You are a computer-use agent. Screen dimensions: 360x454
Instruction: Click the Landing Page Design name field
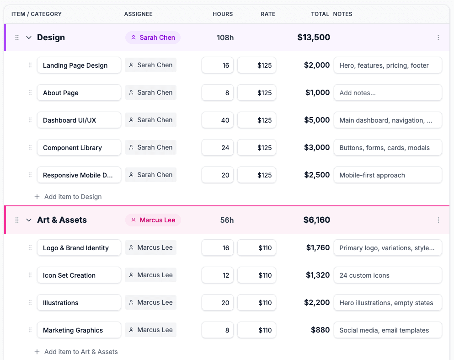79,65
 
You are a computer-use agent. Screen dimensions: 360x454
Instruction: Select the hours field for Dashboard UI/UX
218,120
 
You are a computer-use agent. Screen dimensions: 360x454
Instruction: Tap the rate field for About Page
256,93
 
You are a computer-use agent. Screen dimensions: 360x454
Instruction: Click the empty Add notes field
388,93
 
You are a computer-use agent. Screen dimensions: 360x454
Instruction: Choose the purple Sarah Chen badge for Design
153,38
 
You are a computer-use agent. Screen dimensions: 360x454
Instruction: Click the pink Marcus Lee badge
153,220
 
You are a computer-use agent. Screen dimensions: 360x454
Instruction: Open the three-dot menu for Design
438,38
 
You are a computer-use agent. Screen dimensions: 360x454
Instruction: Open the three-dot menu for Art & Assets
438,220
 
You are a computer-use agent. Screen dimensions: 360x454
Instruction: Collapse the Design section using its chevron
29,38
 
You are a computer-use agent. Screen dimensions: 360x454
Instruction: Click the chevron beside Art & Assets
29,220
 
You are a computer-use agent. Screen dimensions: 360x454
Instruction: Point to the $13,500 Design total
314,38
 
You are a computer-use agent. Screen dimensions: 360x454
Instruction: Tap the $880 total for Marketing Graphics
320,330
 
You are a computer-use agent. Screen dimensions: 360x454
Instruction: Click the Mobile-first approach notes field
388,175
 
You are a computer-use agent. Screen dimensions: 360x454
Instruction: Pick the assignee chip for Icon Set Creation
150,275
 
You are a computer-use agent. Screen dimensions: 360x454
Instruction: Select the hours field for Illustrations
218,303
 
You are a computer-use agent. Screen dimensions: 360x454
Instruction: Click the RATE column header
268,14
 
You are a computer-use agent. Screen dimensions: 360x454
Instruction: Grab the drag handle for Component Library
30,147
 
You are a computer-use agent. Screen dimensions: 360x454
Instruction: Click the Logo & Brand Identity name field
79,248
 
